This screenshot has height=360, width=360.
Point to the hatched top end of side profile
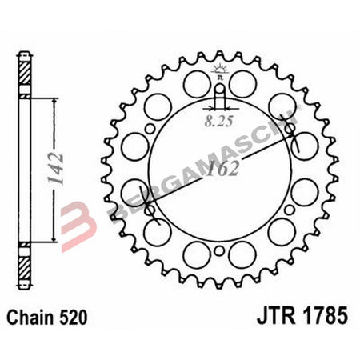(x=27, y=69)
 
